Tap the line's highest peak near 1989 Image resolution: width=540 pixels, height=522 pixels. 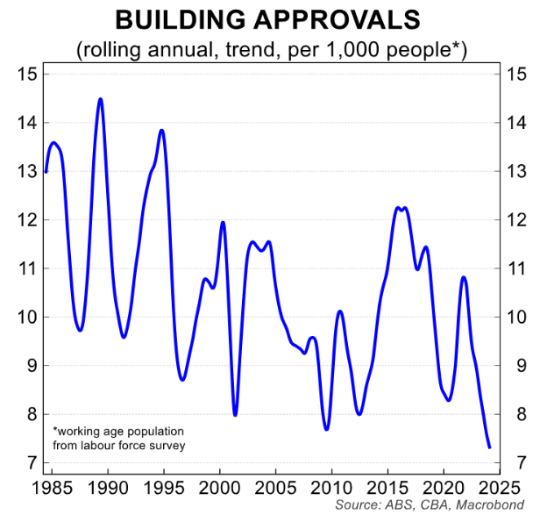coord(100,99)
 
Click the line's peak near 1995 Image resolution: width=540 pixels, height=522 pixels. coord(162,131)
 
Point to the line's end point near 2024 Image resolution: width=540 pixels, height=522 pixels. coord(489,447)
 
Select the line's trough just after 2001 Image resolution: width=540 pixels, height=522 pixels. coord(235,415)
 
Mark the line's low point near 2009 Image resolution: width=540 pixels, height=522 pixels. coord(326,429)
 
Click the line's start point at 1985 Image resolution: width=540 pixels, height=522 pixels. coord(46,172)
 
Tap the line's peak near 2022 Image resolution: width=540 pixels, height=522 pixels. coord(464,277)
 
